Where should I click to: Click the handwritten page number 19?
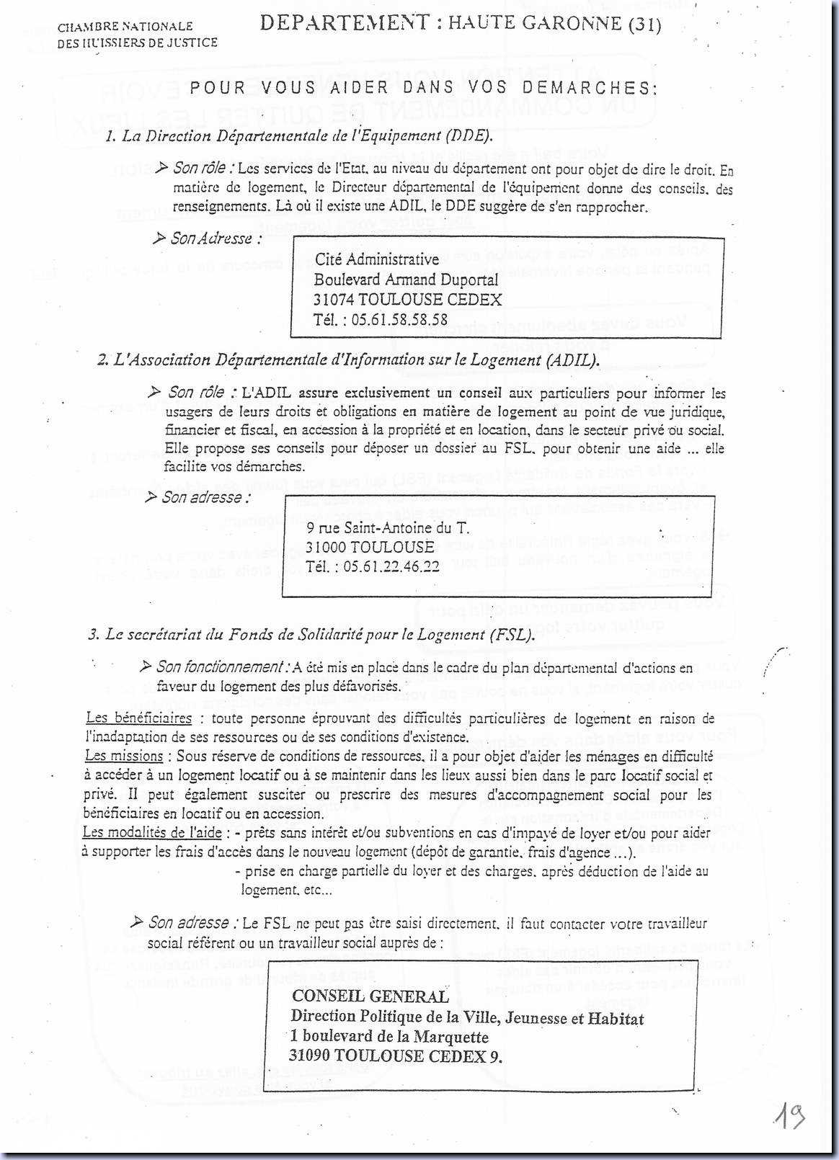pos(789,1116)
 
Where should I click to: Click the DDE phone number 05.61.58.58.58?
pos(399,320)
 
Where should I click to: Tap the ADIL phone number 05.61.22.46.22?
pos(391,566)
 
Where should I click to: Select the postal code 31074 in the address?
pos(334,300)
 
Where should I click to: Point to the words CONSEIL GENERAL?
pos(370,996)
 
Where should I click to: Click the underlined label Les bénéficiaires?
pos(138,718)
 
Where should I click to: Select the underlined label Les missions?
pos(124,756)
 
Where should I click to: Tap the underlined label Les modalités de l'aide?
pos(152,832)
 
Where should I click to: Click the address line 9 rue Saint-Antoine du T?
pos(387,528)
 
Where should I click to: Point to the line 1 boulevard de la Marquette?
pos(389,1037)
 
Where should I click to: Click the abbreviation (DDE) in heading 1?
pos(469,136)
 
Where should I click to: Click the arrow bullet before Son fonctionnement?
pos(145,666)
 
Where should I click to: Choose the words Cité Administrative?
pos(377,259)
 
